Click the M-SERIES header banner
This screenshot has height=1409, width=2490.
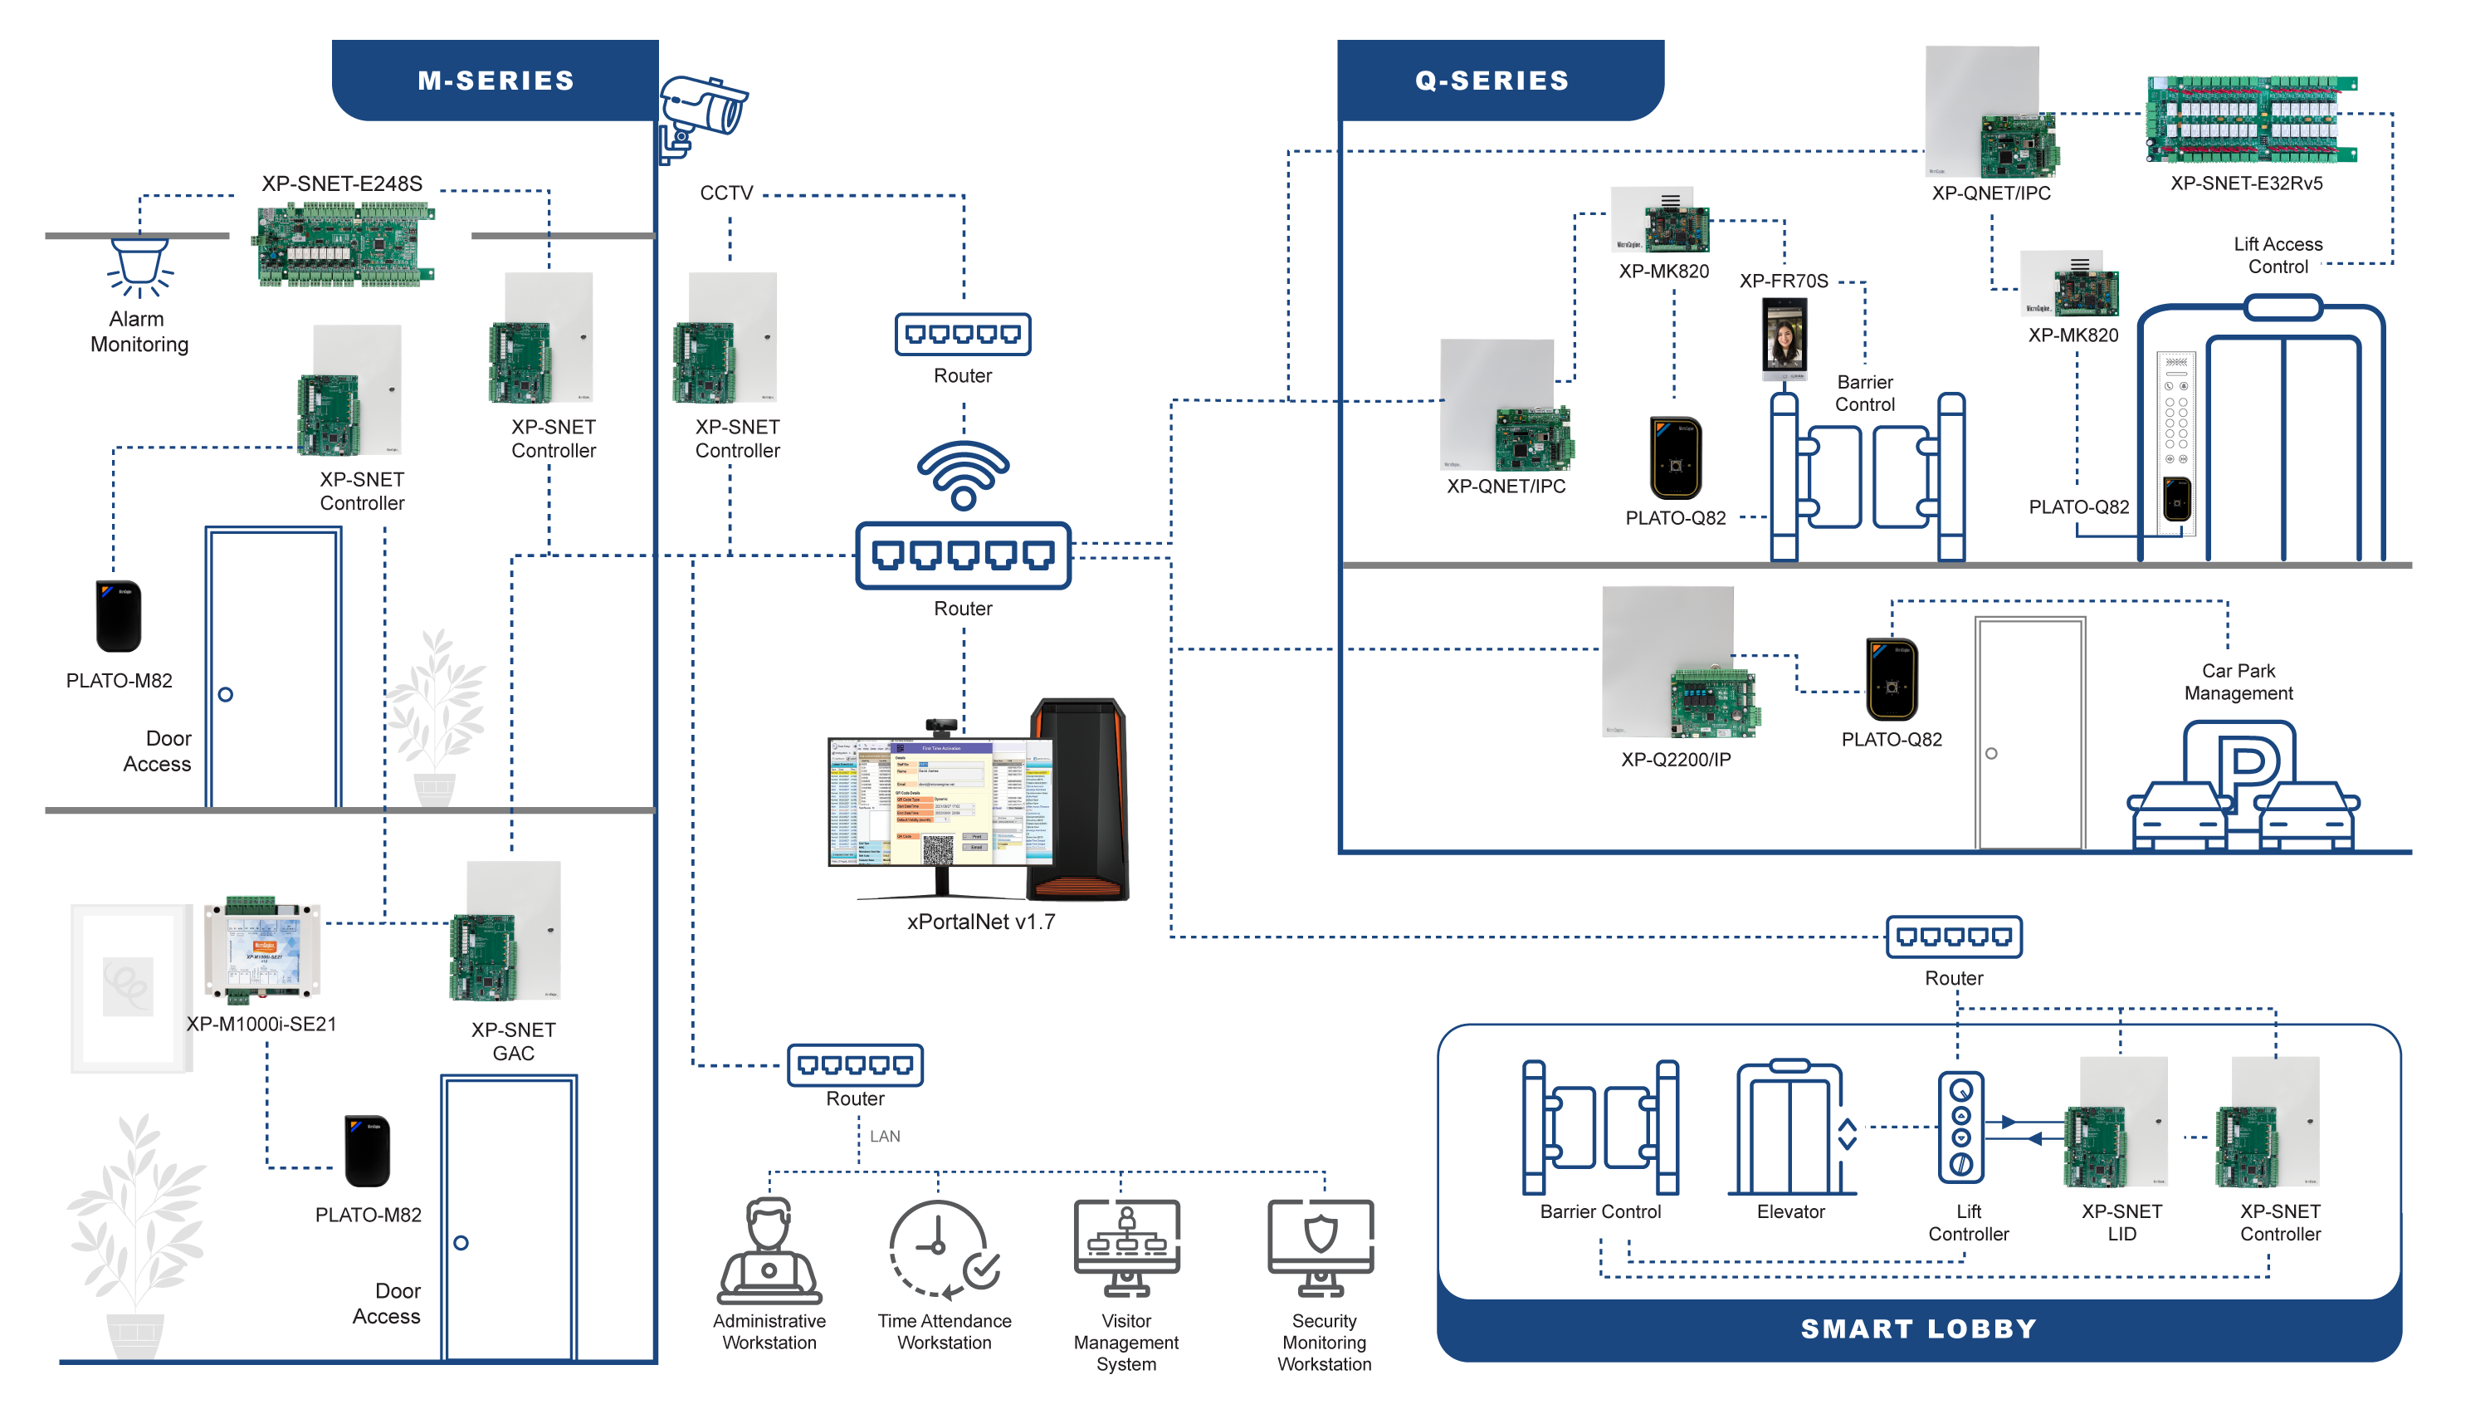(496, 81)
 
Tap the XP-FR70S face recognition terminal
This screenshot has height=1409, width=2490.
(1784, 339)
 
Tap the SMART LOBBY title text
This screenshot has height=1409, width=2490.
(1919, 1328)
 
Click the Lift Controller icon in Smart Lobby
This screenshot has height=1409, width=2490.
(1960, 1128)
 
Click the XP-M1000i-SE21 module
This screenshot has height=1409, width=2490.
(261, 952)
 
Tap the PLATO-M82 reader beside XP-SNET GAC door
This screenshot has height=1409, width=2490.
(368, 1151)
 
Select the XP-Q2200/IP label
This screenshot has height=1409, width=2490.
(1677, 760)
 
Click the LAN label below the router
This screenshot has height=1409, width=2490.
(884, 1136)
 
